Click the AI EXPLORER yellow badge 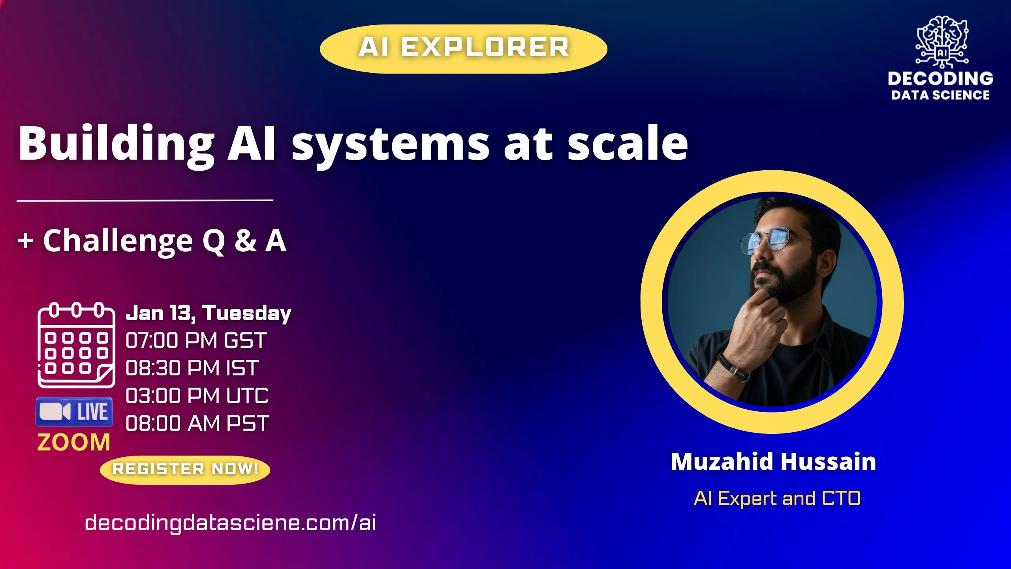(x=463, y=49)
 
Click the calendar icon (x=76, y=345)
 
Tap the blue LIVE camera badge (x=74, y=412)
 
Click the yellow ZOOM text (x=73, y=442)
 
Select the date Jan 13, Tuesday (x=208, y=313)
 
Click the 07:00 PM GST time (x=196, y=340)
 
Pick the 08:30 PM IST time (x=192, y=368)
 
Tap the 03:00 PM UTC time (x=197, y=396)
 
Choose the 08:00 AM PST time (x=197, y=423)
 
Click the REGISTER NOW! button (x=185, y=469)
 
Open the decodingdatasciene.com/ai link (x=230, y=523)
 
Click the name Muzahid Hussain (x=773, y=462)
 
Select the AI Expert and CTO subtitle (x=777, y=498)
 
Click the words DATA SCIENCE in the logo (x=940, y=95)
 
